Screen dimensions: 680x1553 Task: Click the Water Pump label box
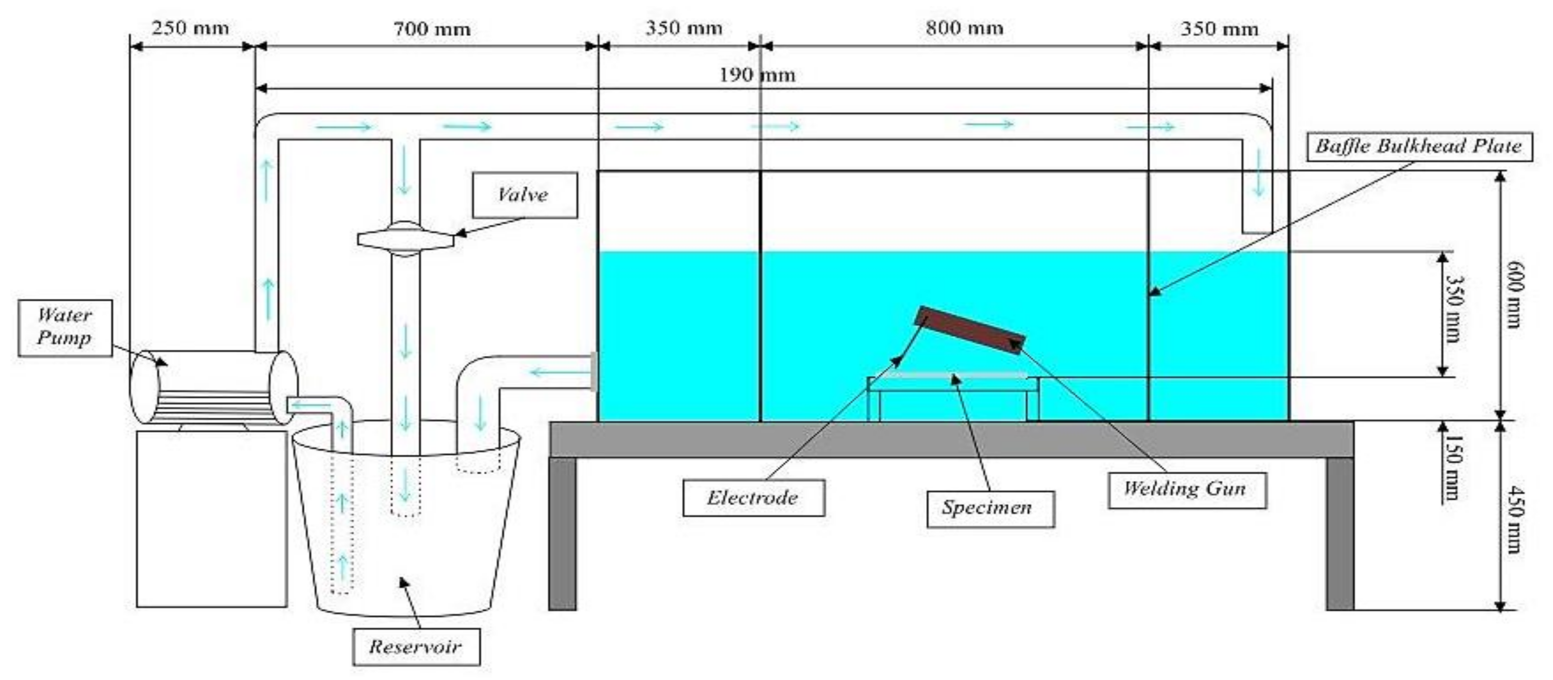coord(65,327)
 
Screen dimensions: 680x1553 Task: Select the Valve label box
coord(524,194)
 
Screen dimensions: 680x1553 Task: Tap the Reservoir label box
coord(416,647)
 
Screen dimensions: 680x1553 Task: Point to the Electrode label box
coord(753,498)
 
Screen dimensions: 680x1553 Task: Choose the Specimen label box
coord(989,508)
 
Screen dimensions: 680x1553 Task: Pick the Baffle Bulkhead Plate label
coord(1419,146)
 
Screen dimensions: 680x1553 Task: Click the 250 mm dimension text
coord(190,29)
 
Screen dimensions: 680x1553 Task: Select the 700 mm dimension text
coord(432,29)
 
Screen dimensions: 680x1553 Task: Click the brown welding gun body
coord(969,330)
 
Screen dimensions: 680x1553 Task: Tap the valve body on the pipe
coord(405,239)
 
